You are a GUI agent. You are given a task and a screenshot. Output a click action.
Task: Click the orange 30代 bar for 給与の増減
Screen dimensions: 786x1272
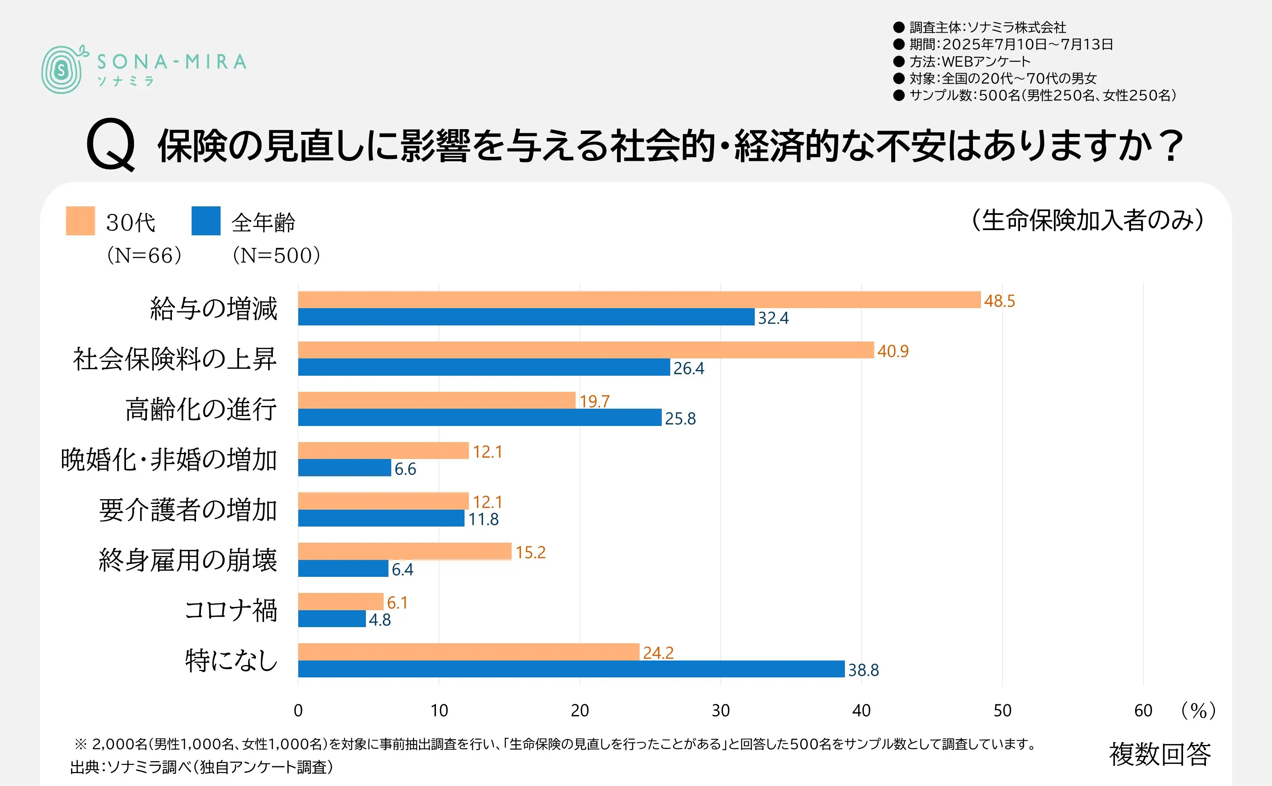coord(639,300)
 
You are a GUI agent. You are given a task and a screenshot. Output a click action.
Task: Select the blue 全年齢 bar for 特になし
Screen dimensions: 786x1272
coord(571,669)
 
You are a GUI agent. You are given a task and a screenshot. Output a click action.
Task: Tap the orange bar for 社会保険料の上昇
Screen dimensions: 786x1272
coord(586,350)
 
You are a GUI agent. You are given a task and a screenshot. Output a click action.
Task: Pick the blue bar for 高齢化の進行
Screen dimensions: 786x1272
coord(479,418)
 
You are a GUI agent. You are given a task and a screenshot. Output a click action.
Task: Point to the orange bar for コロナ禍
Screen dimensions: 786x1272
coord(341,601)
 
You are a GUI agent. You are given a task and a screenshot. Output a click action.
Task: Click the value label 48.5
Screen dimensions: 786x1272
coord(999,301)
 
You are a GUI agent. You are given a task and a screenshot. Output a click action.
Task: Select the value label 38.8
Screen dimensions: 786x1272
coord(863,670)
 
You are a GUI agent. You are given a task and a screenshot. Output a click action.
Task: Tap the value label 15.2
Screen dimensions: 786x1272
coord(531,552)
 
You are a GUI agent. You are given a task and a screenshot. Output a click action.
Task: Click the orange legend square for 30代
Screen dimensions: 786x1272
coord(80,221)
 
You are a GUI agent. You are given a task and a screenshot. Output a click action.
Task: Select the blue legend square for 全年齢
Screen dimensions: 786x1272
coord(206,221)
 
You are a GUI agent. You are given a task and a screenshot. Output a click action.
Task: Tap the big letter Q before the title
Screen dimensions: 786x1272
coord(111,144)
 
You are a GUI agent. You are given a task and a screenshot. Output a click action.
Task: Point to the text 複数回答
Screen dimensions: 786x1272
coord(1160,754)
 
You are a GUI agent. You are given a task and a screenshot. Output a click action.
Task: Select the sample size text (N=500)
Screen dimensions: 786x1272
coord(276,255)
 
